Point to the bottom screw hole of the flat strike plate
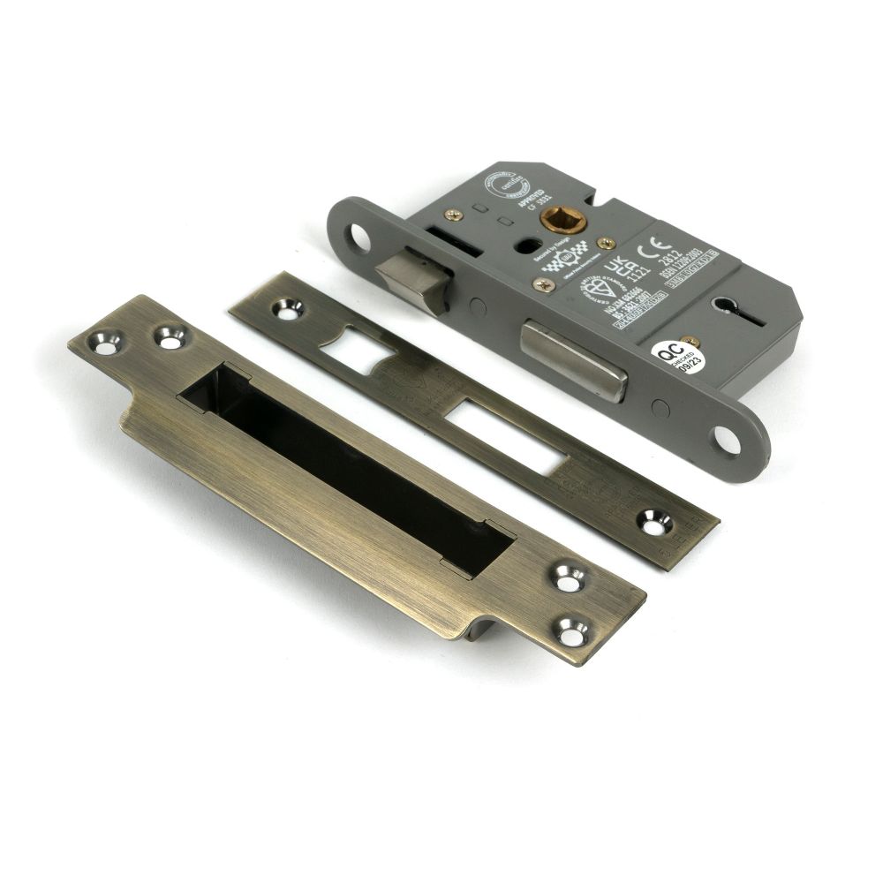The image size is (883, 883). [x=655, y=526]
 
